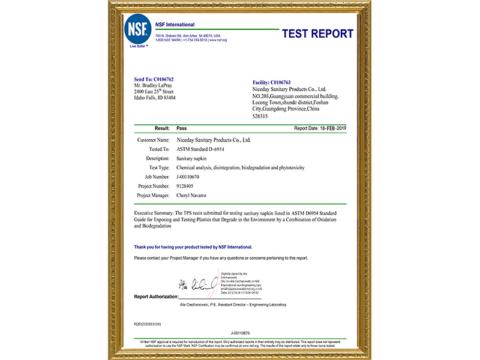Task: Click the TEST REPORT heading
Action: point(317,34)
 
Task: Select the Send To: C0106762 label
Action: point(154,79)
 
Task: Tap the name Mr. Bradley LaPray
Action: point(157,85)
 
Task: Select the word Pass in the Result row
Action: point(182,128)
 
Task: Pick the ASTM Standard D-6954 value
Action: point(200,149)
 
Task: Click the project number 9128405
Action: point(187,187)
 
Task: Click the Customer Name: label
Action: point(154,140)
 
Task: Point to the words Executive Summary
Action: point(154,213)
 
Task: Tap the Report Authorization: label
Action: point(156,296)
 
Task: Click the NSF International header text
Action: point(175,25)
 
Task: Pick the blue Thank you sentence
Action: point(193,247)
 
